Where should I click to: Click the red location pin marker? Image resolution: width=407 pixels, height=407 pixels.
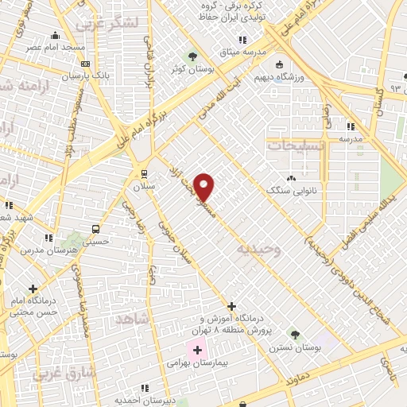(204, 186)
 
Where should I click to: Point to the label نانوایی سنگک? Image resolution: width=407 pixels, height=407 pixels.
(292, 192)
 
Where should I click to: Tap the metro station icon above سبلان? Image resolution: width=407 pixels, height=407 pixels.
(144, 172)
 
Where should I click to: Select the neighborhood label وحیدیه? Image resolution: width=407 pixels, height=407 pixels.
(259, 249)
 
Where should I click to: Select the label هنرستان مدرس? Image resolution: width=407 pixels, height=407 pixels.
(59, 250)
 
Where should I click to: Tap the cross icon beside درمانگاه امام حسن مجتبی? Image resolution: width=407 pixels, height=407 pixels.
(33, 289)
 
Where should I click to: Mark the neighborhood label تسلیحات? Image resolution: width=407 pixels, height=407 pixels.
(295, 146)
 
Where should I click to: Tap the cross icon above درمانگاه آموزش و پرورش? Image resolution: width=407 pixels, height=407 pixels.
(231, 305)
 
